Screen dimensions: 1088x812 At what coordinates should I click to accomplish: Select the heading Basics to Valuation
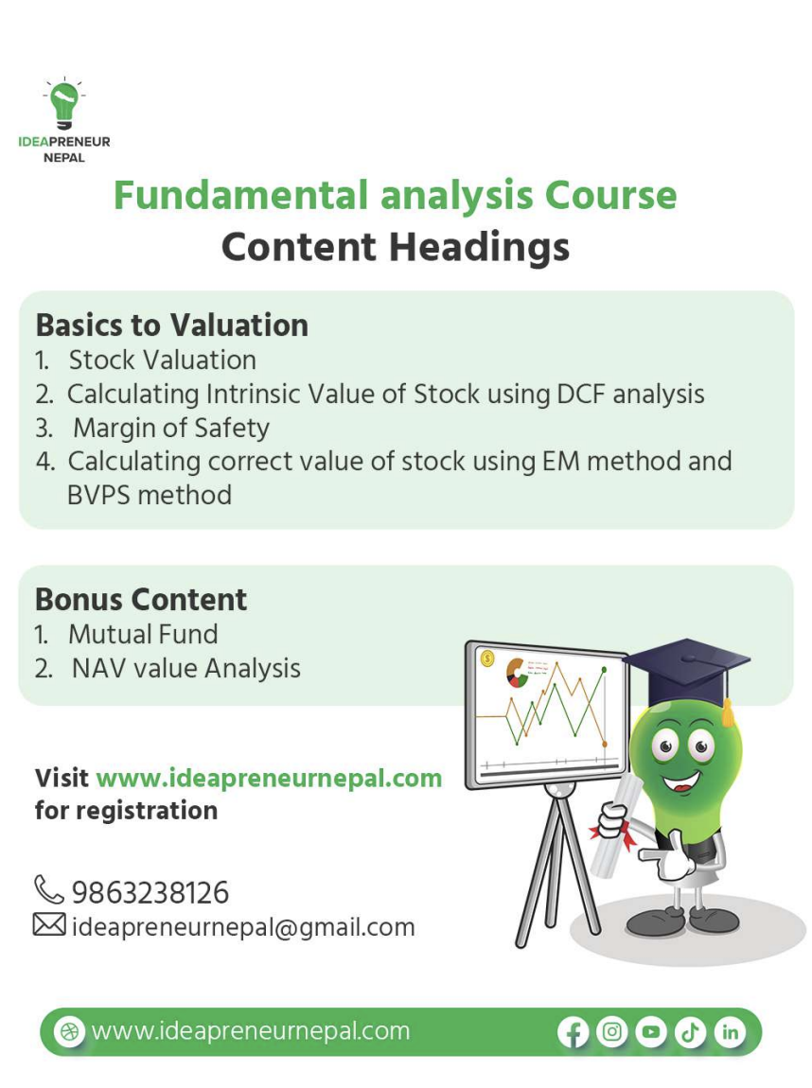171,325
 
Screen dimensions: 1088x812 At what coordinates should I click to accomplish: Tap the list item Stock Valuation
162,360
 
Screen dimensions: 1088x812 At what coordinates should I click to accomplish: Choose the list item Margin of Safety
171,428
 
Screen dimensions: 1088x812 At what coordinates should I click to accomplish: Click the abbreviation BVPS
106,495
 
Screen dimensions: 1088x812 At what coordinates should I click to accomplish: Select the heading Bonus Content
141,599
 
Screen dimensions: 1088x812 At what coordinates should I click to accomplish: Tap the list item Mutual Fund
143,634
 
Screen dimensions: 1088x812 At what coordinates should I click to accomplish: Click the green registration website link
269,778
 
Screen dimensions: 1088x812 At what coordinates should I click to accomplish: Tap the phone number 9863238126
150,892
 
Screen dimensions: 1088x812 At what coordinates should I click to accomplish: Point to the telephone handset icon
48,889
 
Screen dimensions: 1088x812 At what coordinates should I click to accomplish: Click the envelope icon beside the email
49,924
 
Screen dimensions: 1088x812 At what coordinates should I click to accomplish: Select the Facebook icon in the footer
574,1032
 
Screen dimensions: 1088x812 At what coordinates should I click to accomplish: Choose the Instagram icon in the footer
612,1032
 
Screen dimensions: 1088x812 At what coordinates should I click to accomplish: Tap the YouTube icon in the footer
651,1032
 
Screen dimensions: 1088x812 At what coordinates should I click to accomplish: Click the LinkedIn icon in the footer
730,1032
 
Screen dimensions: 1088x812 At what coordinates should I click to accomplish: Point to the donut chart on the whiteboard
517,673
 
